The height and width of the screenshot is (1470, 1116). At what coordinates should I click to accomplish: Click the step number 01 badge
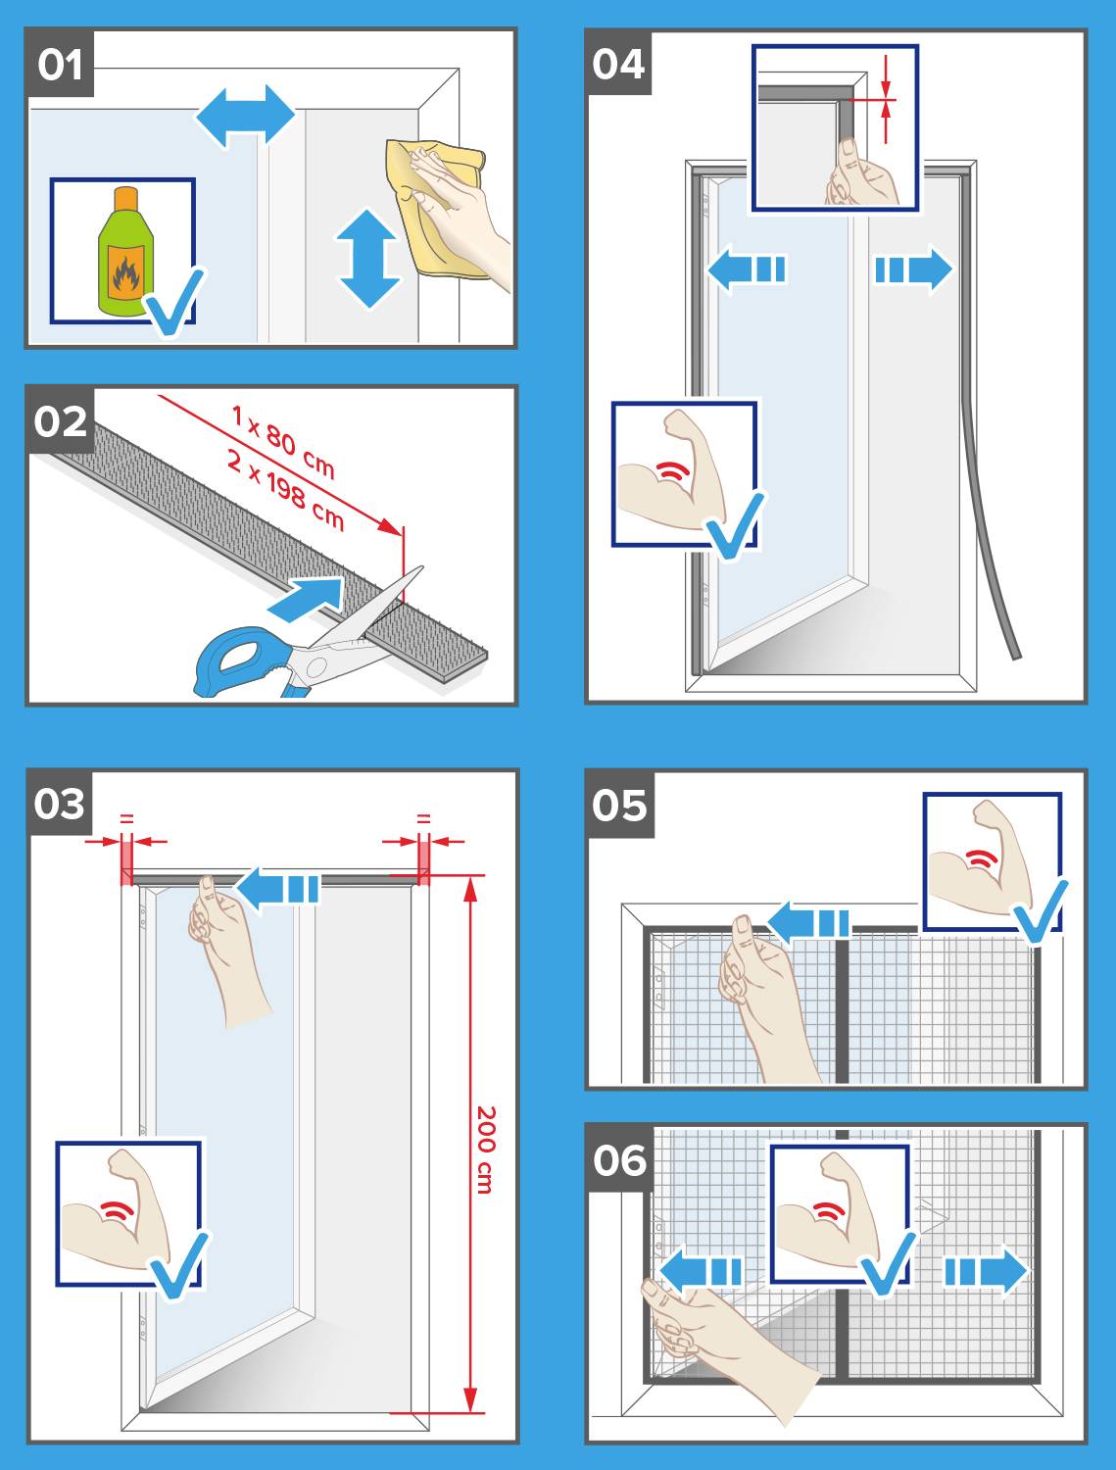point(60,66)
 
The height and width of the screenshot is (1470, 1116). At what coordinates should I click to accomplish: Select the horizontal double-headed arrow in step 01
point(245,117)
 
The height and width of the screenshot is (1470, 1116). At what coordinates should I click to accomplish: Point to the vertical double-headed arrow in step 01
point(369,259)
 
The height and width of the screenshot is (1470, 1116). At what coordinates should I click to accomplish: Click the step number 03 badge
point(60,804)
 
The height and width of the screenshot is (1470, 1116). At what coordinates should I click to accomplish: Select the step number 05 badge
point(620,806)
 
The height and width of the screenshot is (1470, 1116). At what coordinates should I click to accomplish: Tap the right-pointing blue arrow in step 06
point(985,1272)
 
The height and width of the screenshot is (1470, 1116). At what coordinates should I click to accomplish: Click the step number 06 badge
point(620,1160)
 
